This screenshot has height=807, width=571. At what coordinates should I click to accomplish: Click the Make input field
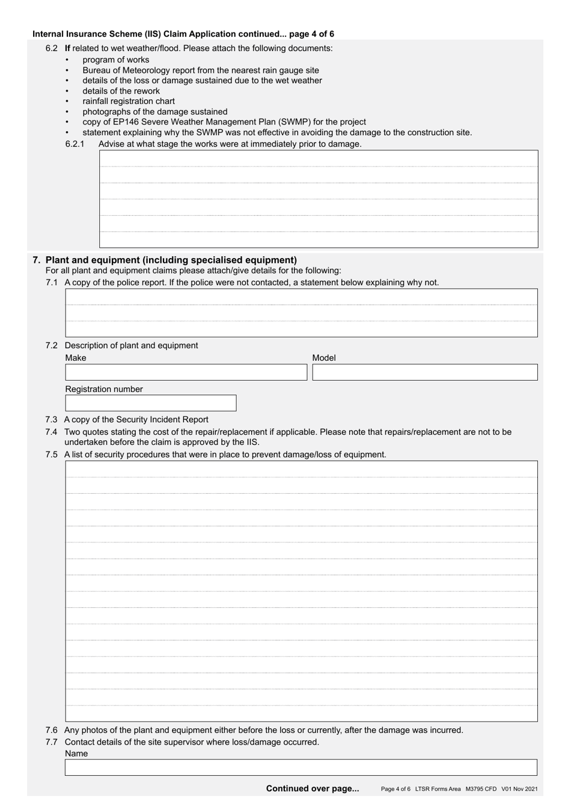pyautogui.click(x=186, y=372)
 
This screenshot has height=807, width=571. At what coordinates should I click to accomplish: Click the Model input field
pyautogui.click(x=424, y=372)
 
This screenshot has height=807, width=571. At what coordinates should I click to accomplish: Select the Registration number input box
pyautogui.click(x=150, y=403)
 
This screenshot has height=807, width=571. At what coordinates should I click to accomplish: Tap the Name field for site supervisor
pyautogui.click(x=301, y=767)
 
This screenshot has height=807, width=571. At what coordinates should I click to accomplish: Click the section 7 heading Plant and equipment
pyautogui.click(x=171, y=260)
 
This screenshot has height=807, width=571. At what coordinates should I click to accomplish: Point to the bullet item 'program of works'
pyautogui.click(x=116, y=60)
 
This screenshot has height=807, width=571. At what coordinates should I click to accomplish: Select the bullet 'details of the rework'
pyautogui.click(x=121, y=91)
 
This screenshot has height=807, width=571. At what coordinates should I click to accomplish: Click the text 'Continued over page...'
pyautogui.click(x=312, y=788)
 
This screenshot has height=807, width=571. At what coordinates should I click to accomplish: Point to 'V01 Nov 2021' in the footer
pyautogui.click(x=519, y=789)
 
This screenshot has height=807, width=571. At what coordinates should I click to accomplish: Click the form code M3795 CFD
pyautogui.click(x=481, y=789)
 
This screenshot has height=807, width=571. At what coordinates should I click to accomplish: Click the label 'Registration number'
pyautogui.click(x=104, y=389)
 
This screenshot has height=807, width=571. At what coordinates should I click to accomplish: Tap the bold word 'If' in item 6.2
pyautogui.click(x=67, y=48)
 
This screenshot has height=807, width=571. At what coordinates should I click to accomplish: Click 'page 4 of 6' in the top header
pyautogui.click(x=311, y=34)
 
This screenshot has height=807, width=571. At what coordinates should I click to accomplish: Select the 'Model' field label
pyautogui.click(x=324, y=358)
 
